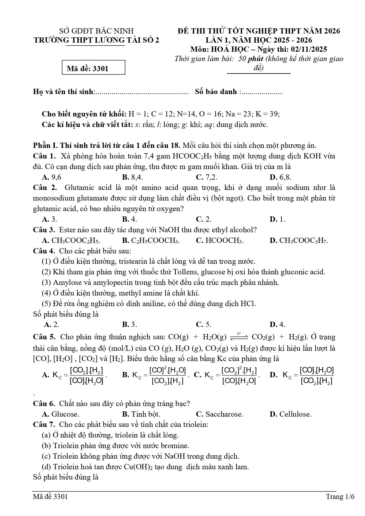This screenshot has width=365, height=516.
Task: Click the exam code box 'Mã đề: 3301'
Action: pos(94,68)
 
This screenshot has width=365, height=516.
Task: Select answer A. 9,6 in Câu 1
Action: pos(52,177)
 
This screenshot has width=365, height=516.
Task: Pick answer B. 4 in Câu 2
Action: pos(130,219)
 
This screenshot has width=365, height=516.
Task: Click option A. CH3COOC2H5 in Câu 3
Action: pos(71,240)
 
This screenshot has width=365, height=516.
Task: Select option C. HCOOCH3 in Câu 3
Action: pos(219,240)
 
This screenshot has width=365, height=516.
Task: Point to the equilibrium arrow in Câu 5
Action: pos(239,336)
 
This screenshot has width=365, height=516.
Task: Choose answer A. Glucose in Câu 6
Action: pos(61,414)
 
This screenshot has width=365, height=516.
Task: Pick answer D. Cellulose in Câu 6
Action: pos(290,414)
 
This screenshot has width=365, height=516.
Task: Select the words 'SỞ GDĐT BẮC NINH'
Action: pos(96,31)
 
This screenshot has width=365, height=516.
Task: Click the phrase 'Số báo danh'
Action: pos(216,91)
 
